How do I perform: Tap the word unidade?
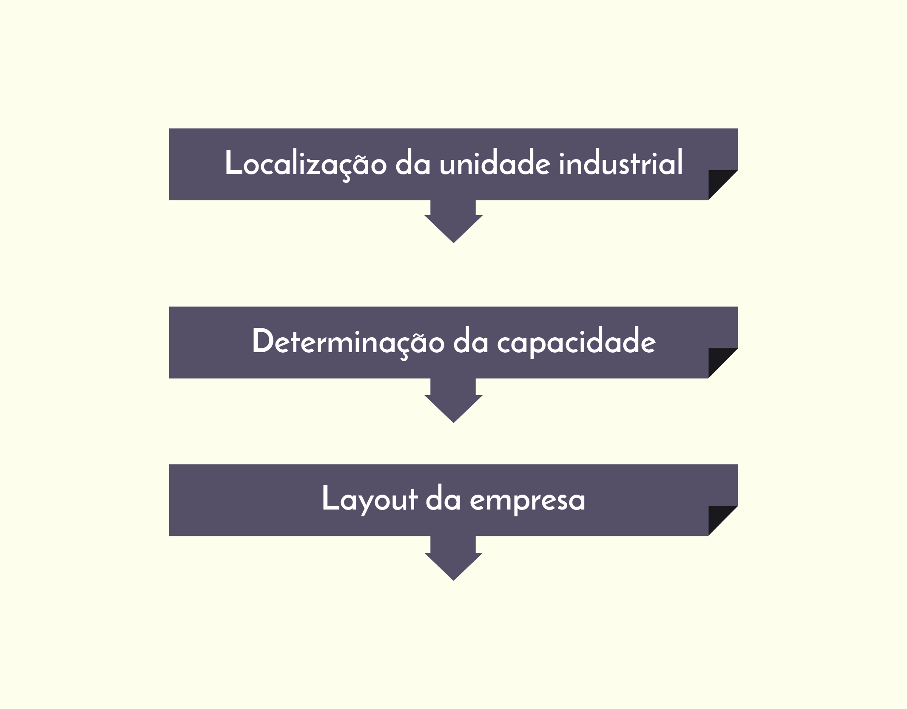[495, 162]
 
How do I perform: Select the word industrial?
[621, 162]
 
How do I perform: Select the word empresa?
[527, 502]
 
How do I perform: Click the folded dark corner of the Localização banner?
[718, 180]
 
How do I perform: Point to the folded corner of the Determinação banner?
[718, 358]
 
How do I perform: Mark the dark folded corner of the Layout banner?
[718, 516]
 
